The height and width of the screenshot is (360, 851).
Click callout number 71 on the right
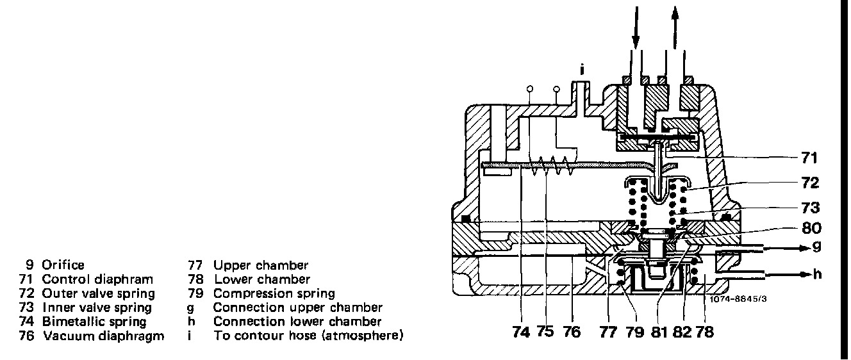809,157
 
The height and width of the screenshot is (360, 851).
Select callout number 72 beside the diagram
809,183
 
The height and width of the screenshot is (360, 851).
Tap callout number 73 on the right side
809,208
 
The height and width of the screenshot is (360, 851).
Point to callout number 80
809,227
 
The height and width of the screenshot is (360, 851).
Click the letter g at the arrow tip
816,246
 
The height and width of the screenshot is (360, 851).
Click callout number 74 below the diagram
522,332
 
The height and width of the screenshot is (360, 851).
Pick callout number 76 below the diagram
571,332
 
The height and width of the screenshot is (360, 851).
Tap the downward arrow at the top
636,26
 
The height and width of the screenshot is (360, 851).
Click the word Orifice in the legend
63,265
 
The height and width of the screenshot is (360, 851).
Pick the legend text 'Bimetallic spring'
94,322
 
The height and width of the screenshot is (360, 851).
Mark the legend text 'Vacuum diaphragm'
103,336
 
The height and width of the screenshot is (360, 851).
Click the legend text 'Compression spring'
274,293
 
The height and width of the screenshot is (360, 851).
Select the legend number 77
195,265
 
